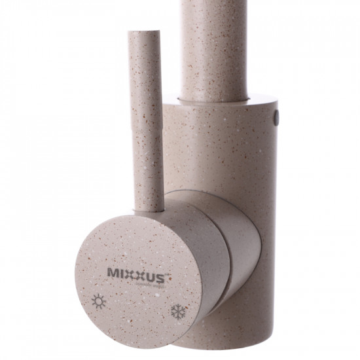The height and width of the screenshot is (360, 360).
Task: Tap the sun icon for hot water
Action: (x=99, y=302)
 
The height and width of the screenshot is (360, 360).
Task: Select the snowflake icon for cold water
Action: (x=178, y=311)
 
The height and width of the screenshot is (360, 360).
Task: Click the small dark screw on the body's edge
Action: (x=276, y=117)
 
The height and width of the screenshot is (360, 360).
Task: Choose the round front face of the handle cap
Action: (x=134, y=281)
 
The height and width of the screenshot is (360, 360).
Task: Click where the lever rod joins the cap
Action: (x=149, y=208)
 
